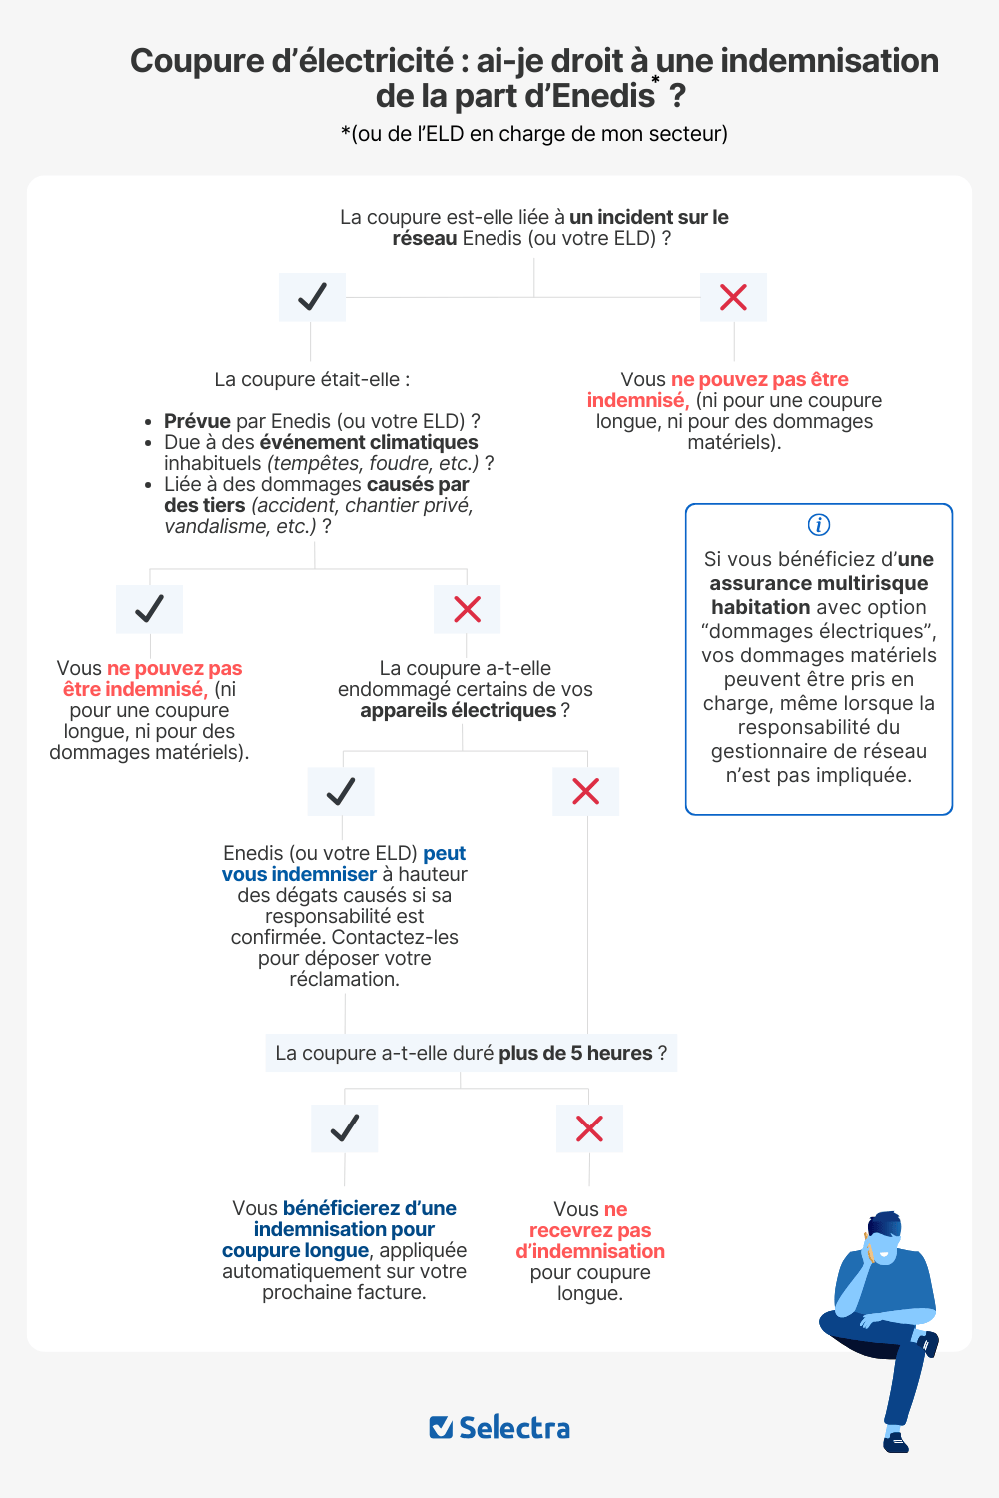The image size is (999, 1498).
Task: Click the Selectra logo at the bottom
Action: pyautogui.click(x=499, y=1428)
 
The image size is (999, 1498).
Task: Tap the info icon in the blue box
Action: pyautogui.click(x=818, y=525)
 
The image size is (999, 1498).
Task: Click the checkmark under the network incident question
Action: pyautogui.click(x=312, y=297)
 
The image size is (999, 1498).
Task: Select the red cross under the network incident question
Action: pyautogui.click(x=733, y=297)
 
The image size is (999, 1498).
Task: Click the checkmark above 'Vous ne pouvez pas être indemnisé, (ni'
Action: pyautogui.click(x=149, y=609)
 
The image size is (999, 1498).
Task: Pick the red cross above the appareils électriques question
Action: pyautogui.click(x=467, y=609)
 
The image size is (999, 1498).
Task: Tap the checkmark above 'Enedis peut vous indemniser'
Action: pyautogui.click(x=341, y=792)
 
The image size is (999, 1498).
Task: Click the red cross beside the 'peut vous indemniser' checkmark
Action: pyautogui.click(x=585, y=792)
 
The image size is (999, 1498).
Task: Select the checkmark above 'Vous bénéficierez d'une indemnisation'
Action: pyautogui.click(x=344, y=1128)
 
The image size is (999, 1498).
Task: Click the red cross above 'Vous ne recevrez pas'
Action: pyautogui.click(x=589, y=1128)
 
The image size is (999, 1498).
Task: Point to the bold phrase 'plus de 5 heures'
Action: pyautogui.click(x=575, y=1054)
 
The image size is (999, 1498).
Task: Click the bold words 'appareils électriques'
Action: pyautogui.click(x=458, y=711)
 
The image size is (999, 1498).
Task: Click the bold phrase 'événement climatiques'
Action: pyautogui.click(x=368, y=442)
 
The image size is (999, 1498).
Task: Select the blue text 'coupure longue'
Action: pyautogui.click(x=295, y=1251)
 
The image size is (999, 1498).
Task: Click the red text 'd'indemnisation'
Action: pyautogui.click(x=589, y=1252)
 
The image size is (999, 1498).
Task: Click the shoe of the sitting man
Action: pyautogui.click(x=896, y=1442)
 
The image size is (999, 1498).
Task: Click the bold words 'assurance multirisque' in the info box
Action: pyautogui.click(x=818, y=583)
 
